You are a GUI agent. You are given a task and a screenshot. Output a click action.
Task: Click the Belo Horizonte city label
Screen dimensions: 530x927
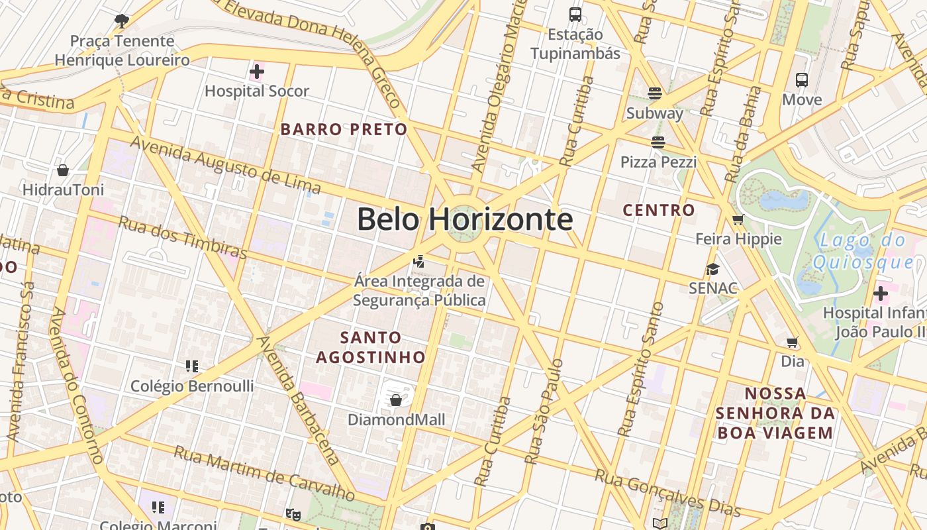tap(464, 219)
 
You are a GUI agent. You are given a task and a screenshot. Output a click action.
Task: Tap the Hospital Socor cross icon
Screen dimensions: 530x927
tap(257, 71)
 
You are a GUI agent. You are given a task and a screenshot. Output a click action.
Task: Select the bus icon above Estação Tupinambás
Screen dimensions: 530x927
tap(575, 14)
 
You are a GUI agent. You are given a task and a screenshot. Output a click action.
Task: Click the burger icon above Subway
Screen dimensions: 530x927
tap(655, 93)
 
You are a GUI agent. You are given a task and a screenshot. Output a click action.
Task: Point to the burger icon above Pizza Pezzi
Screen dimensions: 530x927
tap(658, 142)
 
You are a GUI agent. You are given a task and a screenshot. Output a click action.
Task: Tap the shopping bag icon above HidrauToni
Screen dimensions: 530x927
tap(63, 170)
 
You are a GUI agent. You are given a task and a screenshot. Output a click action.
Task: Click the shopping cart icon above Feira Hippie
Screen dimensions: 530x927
tap(738, 219)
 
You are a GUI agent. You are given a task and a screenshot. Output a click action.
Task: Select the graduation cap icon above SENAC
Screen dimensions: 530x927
tap(712, 269)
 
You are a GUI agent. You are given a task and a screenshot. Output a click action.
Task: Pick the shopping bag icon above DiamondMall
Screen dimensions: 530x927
tap(396, 400)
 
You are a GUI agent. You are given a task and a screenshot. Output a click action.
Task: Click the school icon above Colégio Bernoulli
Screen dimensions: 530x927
tap(192, 366)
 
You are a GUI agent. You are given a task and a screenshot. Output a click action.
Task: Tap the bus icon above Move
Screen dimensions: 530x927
tap(802, 80)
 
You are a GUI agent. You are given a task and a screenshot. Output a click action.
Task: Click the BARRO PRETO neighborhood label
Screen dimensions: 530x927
tap(344, 129)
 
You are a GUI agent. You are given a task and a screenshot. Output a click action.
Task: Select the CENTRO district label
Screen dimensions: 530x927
tap(659, 211)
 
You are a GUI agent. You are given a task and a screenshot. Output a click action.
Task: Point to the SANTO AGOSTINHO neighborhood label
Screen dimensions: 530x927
tap(371, 347)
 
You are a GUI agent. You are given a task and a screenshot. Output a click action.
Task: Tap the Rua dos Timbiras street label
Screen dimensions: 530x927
tap(182, 237)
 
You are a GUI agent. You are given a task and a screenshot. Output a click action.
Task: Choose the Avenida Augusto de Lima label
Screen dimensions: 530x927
tap(225, 166)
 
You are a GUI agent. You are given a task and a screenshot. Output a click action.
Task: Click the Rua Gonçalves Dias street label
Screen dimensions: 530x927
tap(667, 492)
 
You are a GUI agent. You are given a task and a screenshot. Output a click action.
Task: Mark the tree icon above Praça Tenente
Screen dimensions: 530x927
tap(121, 21)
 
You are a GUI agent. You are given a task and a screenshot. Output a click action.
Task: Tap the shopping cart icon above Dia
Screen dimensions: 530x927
tap(793, 342)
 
